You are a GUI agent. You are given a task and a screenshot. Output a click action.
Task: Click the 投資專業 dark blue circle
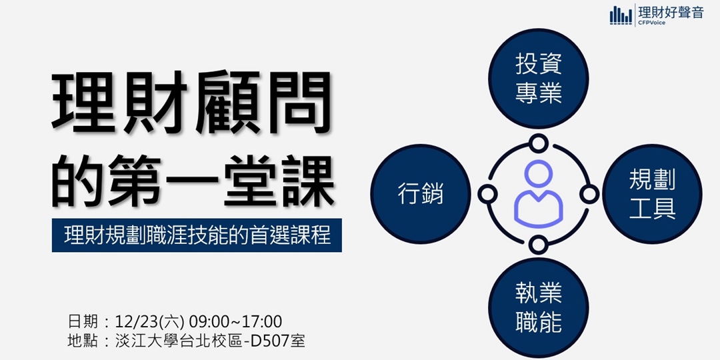(539, 79)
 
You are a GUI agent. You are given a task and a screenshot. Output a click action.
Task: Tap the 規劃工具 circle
(653, 193)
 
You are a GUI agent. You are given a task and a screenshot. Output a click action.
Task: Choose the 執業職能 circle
(539, 308)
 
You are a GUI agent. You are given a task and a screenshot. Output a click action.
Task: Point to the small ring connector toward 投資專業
(538, 143)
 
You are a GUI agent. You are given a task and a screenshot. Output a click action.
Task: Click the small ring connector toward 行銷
(488, 194)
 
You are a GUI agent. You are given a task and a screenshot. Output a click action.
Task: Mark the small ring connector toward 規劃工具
(589, 194)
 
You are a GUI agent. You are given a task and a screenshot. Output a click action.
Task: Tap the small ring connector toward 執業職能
(538, 244)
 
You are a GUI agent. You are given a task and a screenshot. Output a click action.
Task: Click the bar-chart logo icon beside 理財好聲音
(621, 15)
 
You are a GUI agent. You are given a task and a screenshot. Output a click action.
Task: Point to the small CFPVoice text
(651, 23)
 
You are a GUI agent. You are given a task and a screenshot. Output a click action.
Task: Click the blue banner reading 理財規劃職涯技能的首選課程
(197, 235)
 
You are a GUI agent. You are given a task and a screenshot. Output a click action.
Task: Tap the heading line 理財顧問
(191, 103)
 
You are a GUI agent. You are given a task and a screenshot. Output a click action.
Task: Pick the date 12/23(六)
(150, 321)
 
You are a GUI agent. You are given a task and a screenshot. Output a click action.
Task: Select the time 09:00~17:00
(235, 321)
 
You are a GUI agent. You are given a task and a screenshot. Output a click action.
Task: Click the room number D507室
(276, 341)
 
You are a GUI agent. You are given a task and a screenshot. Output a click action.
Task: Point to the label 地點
(85, 341)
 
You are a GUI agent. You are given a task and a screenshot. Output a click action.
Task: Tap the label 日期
(85, 321)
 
